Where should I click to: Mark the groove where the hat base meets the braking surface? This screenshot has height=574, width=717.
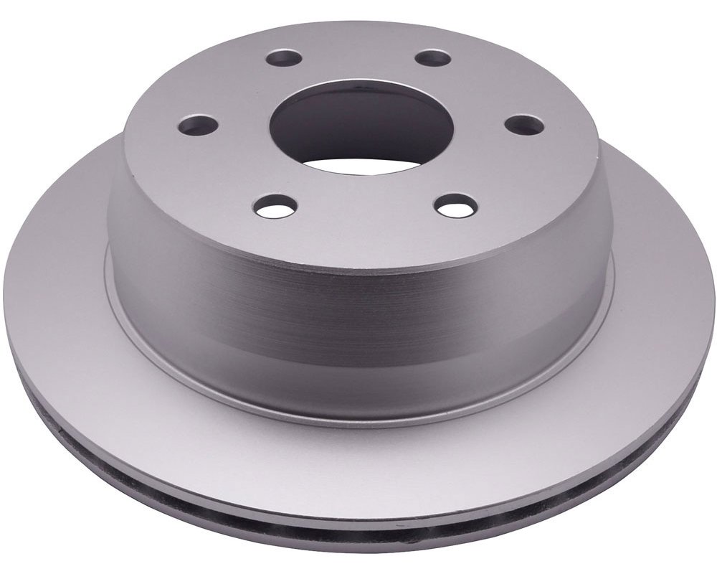coord(358,423)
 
